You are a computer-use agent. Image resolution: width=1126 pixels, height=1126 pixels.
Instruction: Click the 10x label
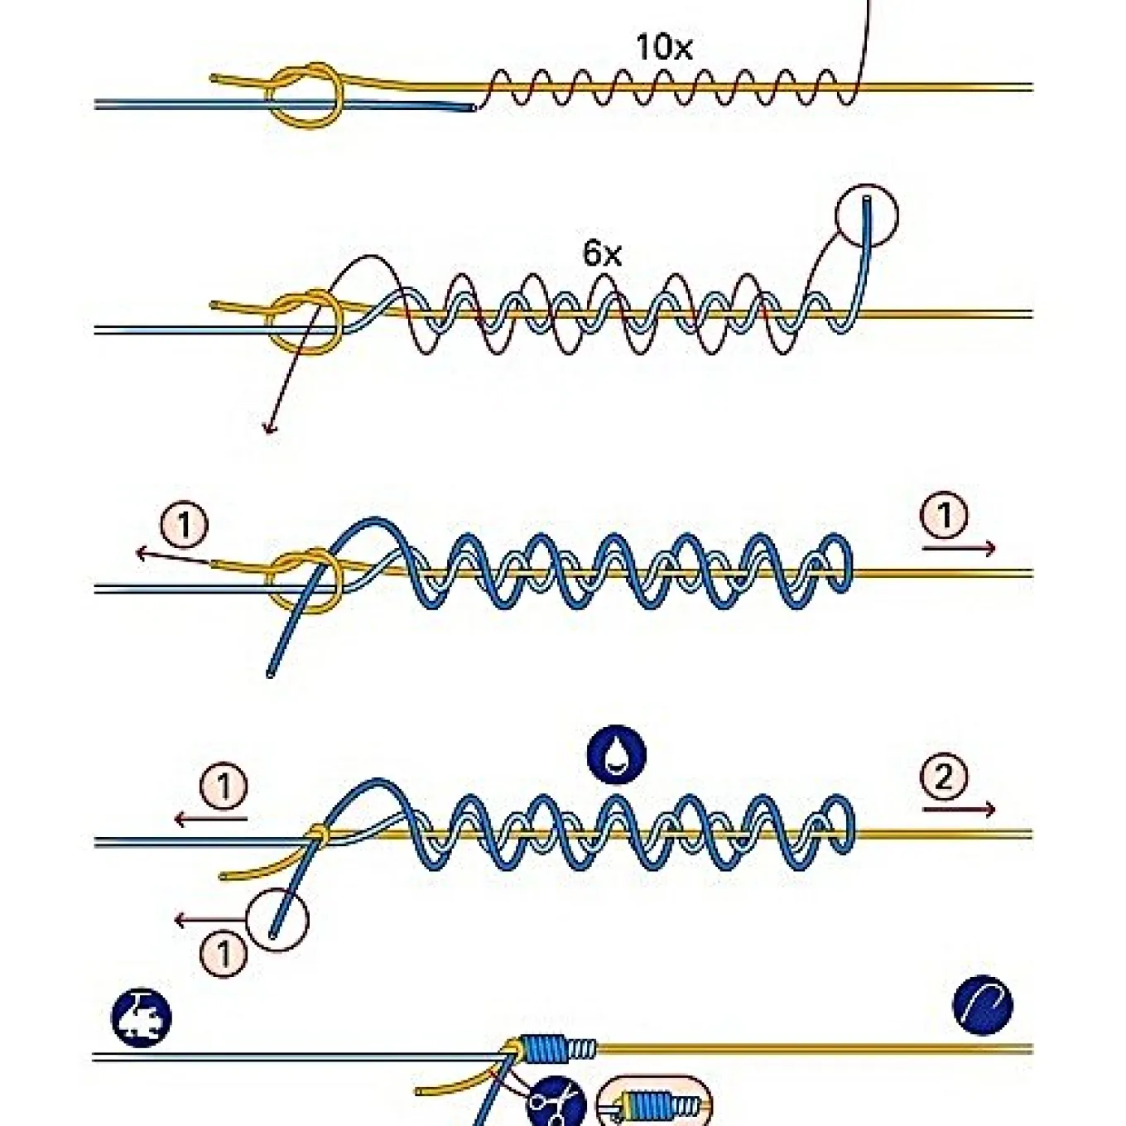click(663, 47)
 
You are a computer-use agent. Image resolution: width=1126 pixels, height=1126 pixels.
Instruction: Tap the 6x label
click(602, 253)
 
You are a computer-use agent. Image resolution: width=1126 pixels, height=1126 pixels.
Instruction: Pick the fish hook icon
click(983, 1005)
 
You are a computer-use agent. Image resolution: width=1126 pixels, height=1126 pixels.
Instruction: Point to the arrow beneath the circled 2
click(959, 809)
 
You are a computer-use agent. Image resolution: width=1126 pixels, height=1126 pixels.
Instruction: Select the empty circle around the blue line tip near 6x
click(867, 215)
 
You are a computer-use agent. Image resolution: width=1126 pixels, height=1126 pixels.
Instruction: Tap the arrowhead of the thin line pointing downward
click(269, 430)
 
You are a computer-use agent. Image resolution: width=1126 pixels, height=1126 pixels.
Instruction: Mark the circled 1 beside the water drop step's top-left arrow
click(224, 787)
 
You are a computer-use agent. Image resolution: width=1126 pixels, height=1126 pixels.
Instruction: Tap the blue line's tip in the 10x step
click(474, 108)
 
